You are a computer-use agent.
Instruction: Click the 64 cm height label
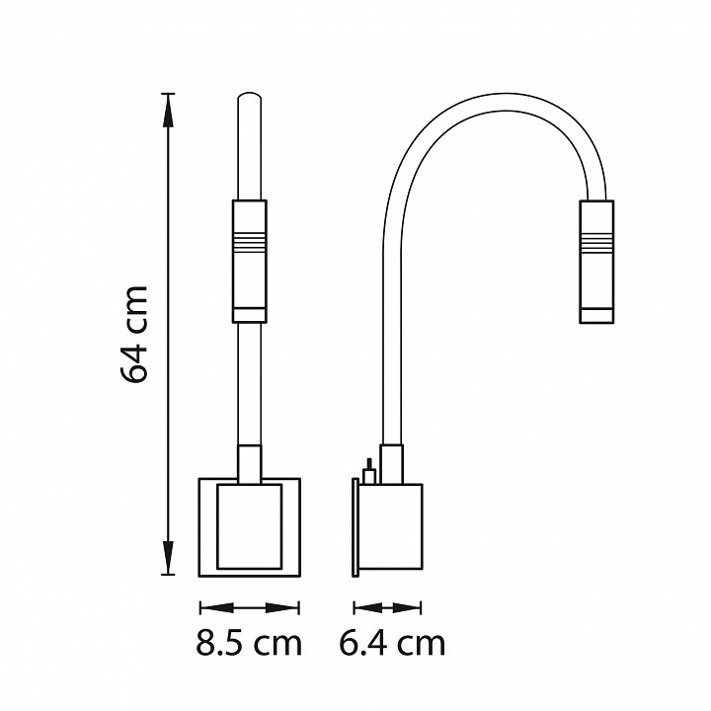point(134,335)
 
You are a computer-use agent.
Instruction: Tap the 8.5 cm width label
point(249,643)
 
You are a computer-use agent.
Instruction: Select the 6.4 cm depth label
point(392,643)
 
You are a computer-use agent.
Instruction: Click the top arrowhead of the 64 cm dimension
point(168,111)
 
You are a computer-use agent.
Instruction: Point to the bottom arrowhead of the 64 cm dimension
point(168,558)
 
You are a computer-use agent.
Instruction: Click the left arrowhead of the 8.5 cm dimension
point(216,607)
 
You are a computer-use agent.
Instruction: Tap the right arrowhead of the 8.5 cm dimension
point(282,607)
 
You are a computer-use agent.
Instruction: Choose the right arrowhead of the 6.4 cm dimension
point(407,607)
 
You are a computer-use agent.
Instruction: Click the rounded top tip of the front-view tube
point(250,95)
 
